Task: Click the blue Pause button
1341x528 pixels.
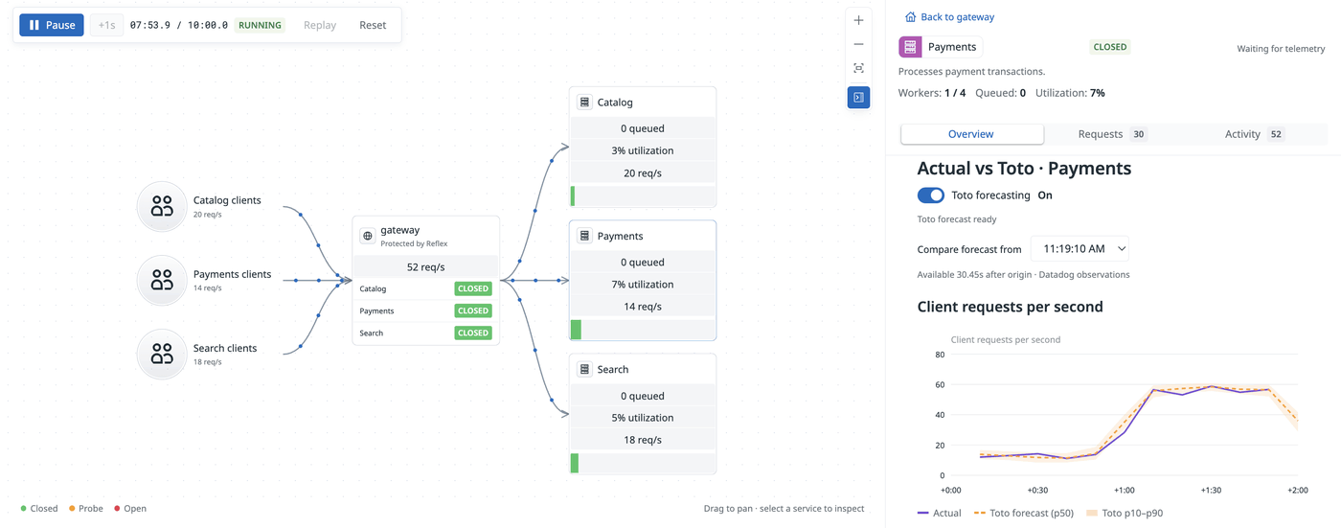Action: pos(52,25)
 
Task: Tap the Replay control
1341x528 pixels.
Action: pos(320,25)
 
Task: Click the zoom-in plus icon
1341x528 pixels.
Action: pos(858,20)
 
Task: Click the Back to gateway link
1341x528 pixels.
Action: pos(949,16)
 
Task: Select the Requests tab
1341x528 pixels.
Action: pos(1112,134)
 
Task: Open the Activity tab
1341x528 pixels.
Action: pos(1253,134)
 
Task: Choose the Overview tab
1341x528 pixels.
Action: pos(972,134)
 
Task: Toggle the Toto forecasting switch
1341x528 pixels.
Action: pos(930,195)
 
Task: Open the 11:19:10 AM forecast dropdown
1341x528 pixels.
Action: pos(1080,248)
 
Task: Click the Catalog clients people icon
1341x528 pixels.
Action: pos(162,207)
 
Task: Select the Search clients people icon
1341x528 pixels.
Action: pos(162,355)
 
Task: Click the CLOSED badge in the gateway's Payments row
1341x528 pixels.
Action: pos(473,310)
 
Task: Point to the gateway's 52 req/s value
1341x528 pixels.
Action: pos(425,267)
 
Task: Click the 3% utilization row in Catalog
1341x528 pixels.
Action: pos(643,150)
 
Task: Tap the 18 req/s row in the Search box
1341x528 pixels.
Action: pos(643,440)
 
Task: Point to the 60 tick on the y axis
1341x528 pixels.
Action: pos(940,385)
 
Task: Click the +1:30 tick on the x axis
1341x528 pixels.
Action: pos(1211,491)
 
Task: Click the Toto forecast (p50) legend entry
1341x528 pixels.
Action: pos(1024,513)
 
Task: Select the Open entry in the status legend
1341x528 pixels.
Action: pos(130,508)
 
